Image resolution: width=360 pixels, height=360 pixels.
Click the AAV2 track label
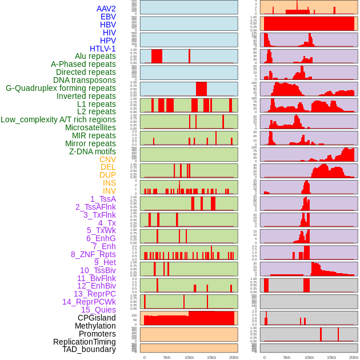coord(106,9)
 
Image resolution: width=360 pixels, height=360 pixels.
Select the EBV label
coord(108,17)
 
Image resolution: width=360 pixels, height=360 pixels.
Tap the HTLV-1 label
coord(102,49)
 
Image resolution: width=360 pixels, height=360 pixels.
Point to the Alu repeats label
coord(95,56)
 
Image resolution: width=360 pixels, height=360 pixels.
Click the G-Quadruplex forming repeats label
coord(61,88)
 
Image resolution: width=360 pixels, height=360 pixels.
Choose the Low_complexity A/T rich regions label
coord(58,119)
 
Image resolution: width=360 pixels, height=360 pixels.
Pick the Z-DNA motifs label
coord(92,151)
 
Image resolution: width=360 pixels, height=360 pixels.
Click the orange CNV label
coord(107,159)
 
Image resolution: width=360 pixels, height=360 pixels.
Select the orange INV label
coord(109,191)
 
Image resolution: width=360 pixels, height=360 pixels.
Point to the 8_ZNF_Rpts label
coord(93,254)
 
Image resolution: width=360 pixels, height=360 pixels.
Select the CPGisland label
coord(97,318)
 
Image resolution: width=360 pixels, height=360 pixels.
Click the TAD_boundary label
coord(89,349)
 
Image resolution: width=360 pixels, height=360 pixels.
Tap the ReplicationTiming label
coord(84,342)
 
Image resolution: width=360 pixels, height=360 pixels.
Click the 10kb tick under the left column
coord(189,357)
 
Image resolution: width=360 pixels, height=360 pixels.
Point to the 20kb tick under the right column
coord(354,357)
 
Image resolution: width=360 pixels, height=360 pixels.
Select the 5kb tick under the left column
coord(167,357)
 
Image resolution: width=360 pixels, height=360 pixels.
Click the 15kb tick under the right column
coord(331,357)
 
